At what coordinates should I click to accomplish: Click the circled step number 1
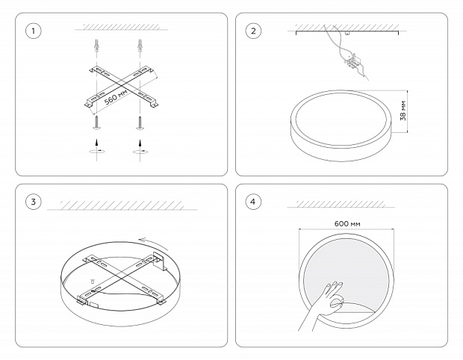(x=33, y=31)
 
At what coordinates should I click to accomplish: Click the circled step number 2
(x=253, y=31)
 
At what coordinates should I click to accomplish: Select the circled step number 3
(x=33, y=202)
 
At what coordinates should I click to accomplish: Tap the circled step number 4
(x=253, y=202)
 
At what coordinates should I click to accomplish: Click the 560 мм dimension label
(x=116, y=96)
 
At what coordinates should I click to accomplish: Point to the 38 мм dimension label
(x=403, y=111)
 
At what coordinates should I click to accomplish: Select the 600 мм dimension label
(x=347, y=223)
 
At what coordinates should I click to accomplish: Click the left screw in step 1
(x=96, y=122)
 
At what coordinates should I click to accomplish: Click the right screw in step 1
(x=140, y=122)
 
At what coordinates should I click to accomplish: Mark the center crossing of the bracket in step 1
(x=120, y=86)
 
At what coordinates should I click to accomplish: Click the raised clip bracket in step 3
(x=161, y=261)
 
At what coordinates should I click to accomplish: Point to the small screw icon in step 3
(x=93, y=282)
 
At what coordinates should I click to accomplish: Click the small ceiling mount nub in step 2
(x=347, y=34)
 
